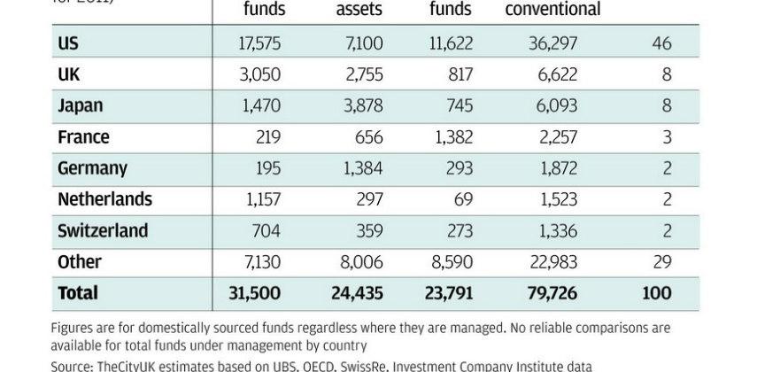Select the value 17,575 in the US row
point(259,43)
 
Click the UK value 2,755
point(359,74)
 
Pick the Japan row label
point(81,105)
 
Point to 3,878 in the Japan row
point(359,105)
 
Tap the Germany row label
point(92,168)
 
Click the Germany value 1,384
point(359,168)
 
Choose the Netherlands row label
point(104,199)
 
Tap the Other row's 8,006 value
point(359,262)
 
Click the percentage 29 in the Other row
point(661,262)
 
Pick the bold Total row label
point(78,293)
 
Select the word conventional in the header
point(552,11)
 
